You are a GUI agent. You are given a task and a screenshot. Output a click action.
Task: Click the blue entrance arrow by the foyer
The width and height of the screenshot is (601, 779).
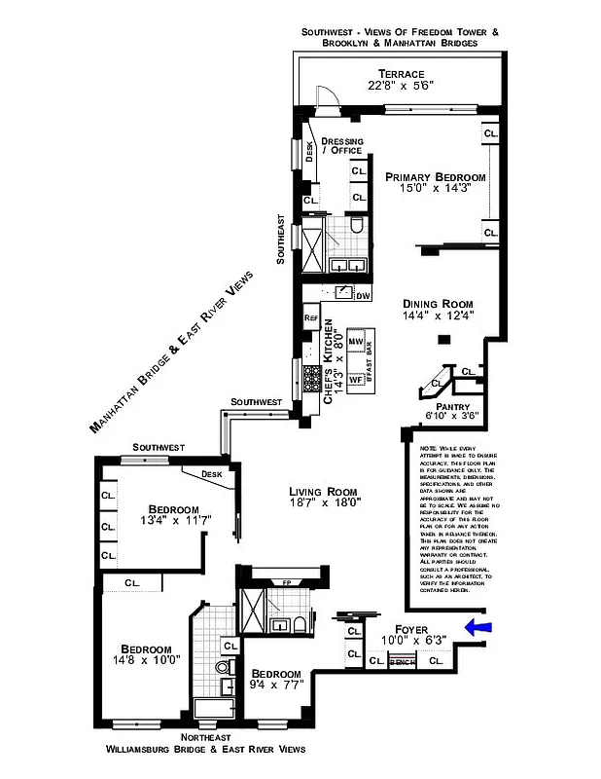[x=480, y=628]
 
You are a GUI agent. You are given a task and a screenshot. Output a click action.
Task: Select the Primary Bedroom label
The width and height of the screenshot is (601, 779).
[x=435, y=177]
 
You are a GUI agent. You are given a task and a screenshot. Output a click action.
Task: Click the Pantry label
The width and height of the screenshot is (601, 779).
[x=452, y=406]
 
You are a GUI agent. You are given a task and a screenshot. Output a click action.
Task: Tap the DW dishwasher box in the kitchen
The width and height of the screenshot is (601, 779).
[x=363, y=295]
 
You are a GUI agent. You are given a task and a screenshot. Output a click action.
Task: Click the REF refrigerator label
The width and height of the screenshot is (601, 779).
[x=311, y=318]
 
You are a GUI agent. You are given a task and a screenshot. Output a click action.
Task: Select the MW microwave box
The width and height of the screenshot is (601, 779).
[x=355, y=344]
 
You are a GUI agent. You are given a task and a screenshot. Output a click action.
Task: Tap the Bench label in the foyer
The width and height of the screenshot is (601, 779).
[x=402, y=662]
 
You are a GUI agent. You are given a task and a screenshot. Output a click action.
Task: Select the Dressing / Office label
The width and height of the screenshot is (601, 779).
[x=341, y=146]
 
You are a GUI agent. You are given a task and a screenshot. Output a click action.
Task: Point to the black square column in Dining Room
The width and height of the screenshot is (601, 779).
[x=443, y=339]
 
